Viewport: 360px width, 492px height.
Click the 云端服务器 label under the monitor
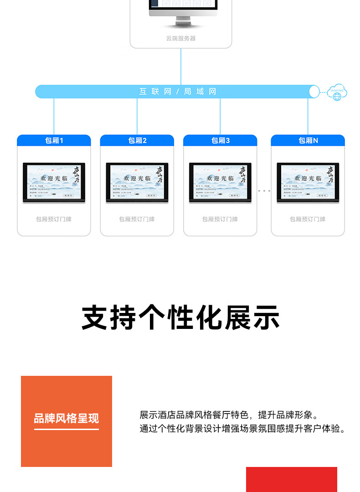point(181,38)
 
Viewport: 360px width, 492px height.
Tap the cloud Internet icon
point(337,92)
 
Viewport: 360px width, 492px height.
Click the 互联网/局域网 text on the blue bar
point(178,92)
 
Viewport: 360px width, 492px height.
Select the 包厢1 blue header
point(54,140)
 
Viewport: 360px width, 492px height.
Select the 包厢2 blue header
point(137,140)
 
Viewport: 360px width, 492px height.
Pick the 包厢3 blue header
point(220,140)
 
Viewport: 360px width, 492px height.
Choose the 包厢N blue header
point(308,140)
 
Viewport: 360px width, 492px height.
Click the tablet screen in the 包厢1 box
point(54,182)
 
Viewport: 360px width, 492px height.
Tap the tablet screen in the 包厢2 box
point(137,182)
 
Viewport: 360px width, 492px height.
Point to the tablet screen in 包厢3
point(220,182)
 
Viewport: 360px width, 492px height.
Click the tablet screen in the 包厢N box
point(308,182)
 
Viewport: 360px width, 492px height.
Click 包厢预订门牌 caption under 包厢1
point(54,219)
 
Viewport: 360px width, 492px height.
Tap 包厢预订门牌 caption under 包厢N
point(308,219)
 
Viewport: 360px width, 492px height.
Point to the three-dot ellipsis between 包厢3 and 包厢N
point(264,191)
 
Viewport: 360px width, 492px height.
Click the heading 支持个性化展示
point(180,318)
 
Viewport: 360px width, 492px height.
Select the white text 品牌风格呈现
point(67,418)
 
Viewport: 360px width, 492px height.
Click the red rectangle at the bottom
point(292,479)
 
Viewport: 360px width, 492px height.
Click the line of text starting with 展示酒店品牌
point(229,415)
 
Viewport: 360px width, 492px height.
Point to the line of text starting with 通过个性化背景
point(242,429)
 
